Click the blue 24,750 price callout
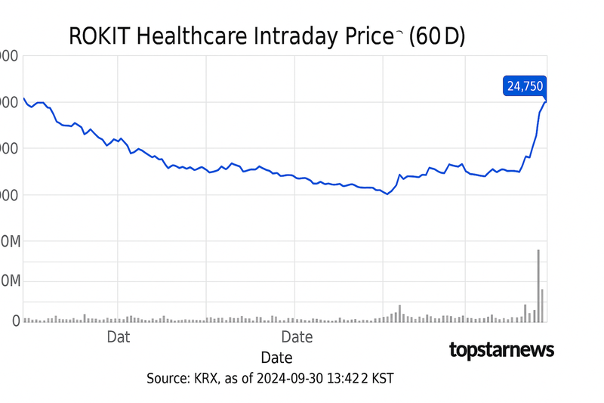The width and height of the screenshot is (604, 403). click(x=524, y=86)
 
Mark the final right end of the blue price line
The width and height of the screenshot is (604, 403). click(x=545, y=101)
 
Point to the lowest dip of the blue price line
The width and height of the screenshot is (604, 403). click(x=387, y=194)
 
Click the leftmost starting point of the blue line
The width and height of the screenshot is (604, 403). click(x=23, y=98)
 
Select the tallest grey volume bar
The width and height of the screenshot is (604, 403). click(x=538, y=285)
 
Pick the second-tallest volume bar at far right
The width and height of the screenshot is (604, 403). click(x=542, y=305)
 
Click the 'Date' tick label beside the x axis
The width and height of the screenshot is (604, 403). click(x=297, y=336)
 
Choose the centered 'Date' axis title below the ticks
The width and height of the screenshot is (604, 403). click(x=276, y=357)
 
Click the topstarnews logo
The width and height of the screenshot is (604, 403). click(x=501, y=349)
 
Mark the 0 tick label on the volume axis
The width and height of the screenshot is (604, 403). click(x=15, y=321)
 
